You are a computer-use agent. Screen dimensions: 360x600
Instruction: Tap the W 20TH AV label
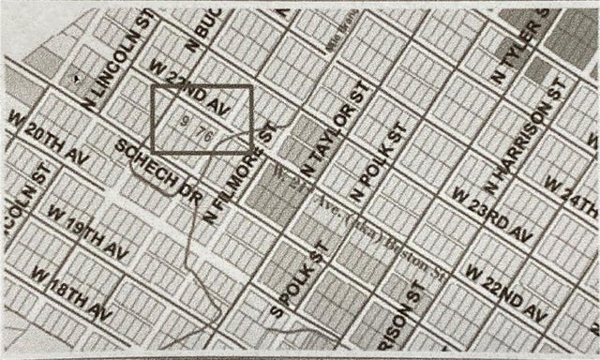click(47, 135)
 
